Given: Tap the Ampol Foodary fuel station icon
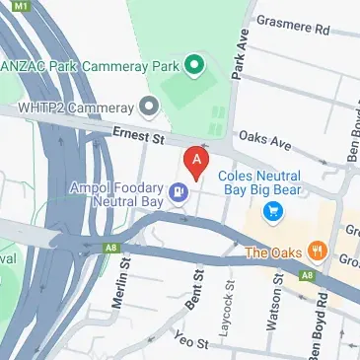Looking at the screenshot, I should (x=180, y=193).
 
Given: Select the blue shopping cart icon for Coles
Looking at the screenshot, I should (x=273, y=210).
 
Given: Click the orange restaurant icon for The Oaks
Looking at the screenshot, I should (x=317, y=251).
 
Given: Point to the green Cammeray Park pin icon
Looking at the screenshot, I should (x=195, y=66).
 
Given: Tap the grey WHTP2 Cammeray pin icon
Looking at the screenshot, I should (x=149, y=105).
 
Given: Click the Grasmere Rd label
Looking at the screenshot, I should (x=292, y=23).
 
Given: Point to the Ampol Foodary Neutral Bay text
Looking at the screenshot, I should (x=117, y=193).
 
